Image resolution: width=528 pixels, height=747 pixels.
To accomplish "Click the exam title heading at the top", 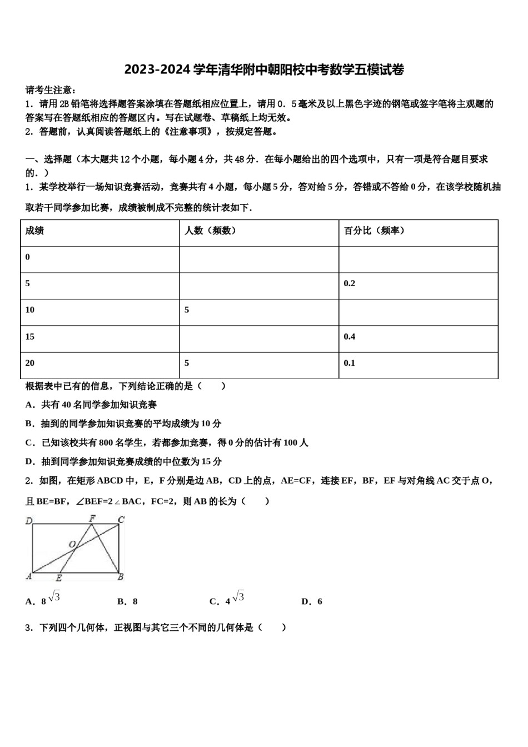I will coord(264,69).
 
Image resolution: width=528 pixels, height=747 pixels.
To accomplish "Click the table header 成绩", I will coord(34,231).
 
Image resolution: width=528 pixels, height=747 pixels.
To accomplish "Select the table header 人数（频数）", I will coord(211,231).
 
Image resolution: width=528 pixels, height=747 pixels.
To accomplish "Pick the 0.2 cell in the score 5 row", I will coord(349,283).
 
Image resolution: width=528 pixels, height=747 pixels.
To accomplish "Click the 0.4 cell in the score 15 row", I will coord(349,337).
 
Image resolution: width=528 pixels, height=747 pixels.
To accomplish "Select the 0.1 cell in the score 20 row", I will coord(349,363).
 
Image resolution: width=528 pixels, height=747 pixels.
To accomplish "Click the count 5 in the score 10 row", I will coord(187,310).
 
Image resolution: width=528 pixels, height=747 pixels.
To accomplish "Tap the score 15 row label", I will coord(30,337).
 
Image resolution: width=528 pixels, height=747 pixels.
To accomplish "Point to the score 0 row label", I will coord(28,257).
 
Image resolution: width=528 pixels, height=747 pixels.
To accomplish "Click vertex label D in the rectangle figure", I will coord(29,521).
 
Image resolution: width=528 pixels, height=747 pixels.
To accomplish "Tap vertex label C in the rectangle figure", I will coord(121,520).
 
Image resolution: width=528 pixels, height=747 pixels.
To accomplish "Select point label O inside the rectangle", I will coord(72,544).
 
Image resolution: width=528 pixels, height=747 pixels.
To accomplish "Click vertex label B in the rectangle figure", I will coord(121,577).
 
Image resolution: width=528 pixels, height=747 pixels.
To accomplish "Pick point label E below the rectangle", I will coord(58,578).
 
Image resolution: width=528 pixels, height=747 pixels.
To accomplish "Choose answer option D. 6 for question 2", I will coord(312,601).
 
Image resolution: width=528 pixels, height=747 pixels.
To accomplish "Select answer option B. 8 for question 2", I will coord(127,601).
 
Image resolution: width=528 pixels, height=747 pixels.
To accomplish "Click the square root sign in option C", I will coord(238,596).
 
